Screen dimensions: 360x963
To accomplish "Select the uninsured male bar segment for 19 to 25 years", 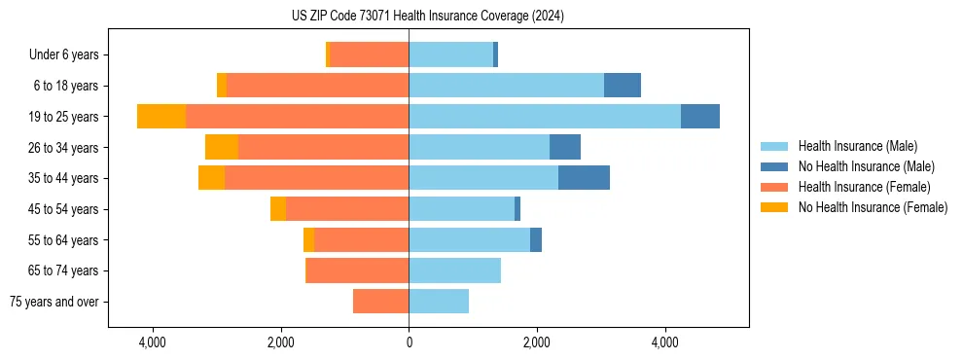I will pos(700,116).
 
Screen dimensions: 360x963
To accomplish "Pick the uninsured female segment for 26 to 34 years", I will pos(222,147).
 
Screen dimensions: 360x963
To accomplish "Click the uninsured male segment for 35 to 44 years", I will pos(584,178).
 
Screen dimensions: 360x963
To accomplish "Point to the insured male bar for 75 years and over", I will pos(439,302).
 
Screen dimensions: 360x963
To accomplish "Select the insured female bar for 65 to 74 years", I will pos(358,270).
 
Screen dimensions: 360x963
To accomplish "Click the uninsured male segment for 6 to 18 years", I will pos(623,85).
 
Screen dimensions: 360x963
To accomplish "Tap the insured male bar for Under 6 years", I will pos(450,54).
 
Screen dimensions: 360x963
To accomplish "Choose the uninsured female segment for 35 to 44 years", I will pos(211,178).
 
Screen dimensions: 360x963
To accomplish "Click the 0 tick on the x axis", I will pos(409,343).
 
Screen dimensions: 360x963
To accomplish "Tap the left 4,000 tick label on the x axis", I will pos(152,343).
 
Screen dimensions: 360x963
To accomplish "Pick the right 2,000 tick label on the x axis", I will pos(537,343).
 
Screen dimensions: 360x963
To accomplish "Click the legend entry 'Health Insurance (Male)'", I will pos(857,146).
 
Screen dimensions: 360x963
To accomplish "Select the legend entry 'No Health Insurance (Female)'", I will pos(873,207).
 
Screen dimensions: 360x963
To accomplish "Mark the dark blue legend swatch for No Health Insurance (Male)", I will pos(774,166).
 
